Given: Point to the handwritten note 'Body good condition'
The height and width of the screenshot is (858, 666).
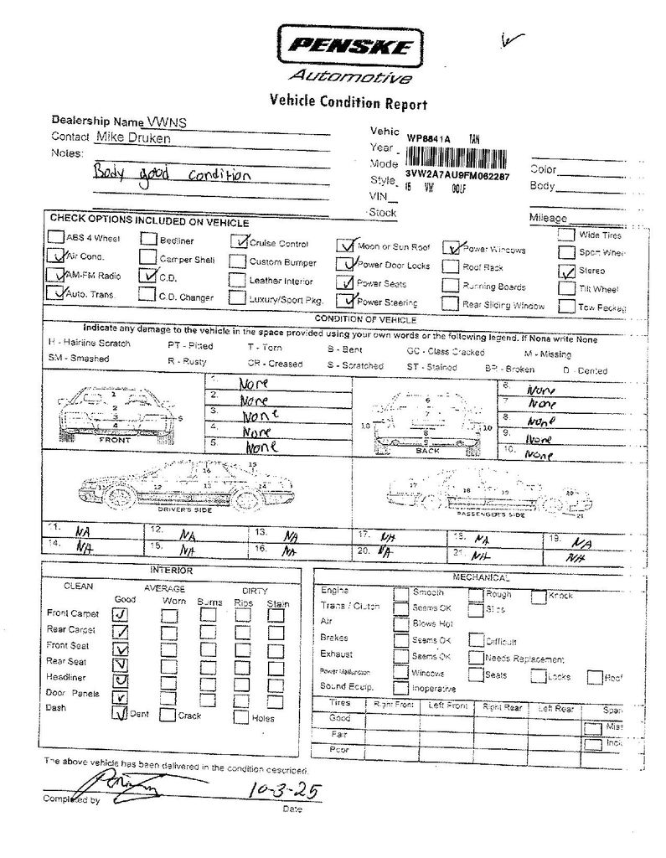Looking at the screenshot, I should pyautogui.click(x=172, y=175).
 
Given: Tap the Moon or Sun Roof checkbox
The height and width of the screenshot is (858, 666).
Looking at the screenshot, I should pyautogui.click(x=344, y=246).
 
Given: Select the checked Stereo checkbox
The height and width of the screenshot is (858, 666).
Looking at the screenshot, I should pyautogui.click(x=565, y=271).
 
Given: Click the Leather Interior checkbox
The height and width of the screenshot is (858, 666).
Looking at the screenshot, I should pyautogui.click(x=236, y=281).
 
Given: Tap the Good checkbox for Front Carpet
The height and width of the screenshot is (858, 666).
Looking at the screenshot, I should pyautogui.click(x=121, y=614).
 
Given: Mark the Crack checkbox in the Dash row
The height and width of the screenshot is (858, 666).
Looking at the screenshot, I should pyautogui.click(x=168, y=716).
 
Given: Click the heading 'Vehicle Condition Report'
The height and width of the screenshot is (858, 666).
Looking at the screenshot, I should pyautogui.click(x=348, y=103).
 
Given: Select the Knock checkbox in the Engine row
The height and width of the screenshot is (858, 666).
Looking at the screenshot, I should pyautogui.click(x=539, y=596).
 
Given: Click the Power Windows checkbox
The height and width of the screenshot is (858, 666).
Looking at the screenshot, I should pyautogui.click(x=451, y=248).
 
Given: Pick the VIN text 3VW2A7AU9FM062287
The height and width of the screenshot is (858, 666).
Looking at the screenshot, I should pyautogui.click(x=457, y=175).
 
